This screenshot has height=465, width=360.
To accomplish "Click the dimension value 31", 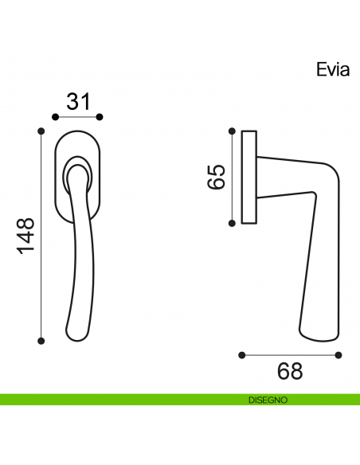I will (x=77, y=101).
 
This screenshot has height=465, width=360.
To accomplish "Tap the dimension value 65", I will (x=215, y=176).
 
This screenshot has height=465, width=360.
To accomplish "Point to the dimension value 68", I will (x=290, y=371).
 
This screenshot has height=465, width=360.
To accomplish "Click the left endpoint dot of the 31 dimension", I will (x=55, y=117).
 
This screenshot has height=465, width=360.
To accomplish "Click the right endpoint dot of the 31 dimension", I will (x=100, y=117).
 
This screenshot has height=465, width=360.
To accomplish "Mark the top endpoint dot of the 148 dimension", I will (x=42, y=129).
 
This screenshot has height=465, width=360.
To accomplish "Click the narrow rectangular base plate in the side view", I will (x=248, y=176).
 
